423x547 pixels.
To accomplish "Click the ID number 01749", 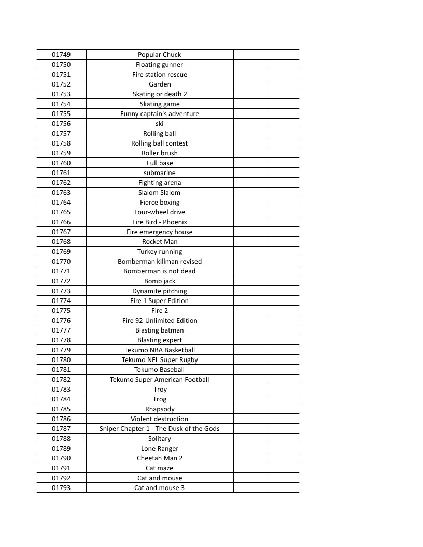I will coord(61,55).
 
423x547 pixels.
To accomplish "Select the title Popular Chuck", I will coord(160,55).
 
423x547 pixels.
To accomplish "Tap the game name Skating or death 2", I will coord(160,94).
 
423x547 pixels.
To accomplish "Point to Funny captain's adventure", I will coord(160,114).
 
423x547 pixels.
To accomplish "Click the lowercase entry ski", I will coord(160,124).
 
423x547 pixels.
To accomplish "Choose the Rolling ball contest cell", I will coord(160,143).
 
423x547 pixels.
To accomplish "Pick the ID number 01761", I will coord(61,173).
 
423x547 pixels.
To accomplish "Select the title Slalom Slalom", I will coord(160,193).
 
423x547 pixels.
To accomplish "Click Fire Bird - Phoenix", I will coord(160,222).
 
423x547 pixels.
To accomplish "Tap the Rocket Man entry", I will coord(160,242).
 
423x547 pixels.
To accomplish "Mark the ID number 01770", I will coord(61,262).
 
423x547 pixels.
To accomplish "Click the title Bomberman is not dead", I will coord(160,271).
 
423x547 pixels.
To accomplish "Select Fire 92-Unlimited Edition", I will coord(160,321).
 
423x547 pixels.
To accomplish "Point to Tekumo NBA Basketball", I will coord(160,350).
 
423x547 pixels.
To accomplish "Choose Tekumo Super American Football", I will coord(160,380).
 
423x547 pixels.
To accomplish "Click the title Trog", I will coord(160,399).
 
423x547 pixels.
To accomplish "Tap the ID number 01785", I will coord(61,409).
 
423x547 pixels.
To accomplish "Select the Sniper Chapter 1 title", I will coord(160,429).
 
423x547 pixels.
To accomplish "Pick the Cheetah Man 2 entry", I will coord(160,458).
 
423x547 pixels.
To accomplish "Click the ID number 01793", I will coord(61,488).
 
